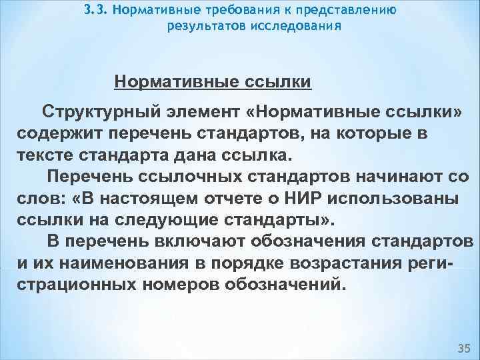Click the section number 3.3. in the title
click(x=97, y=11)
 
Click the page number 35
click(x=463, y=348)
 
